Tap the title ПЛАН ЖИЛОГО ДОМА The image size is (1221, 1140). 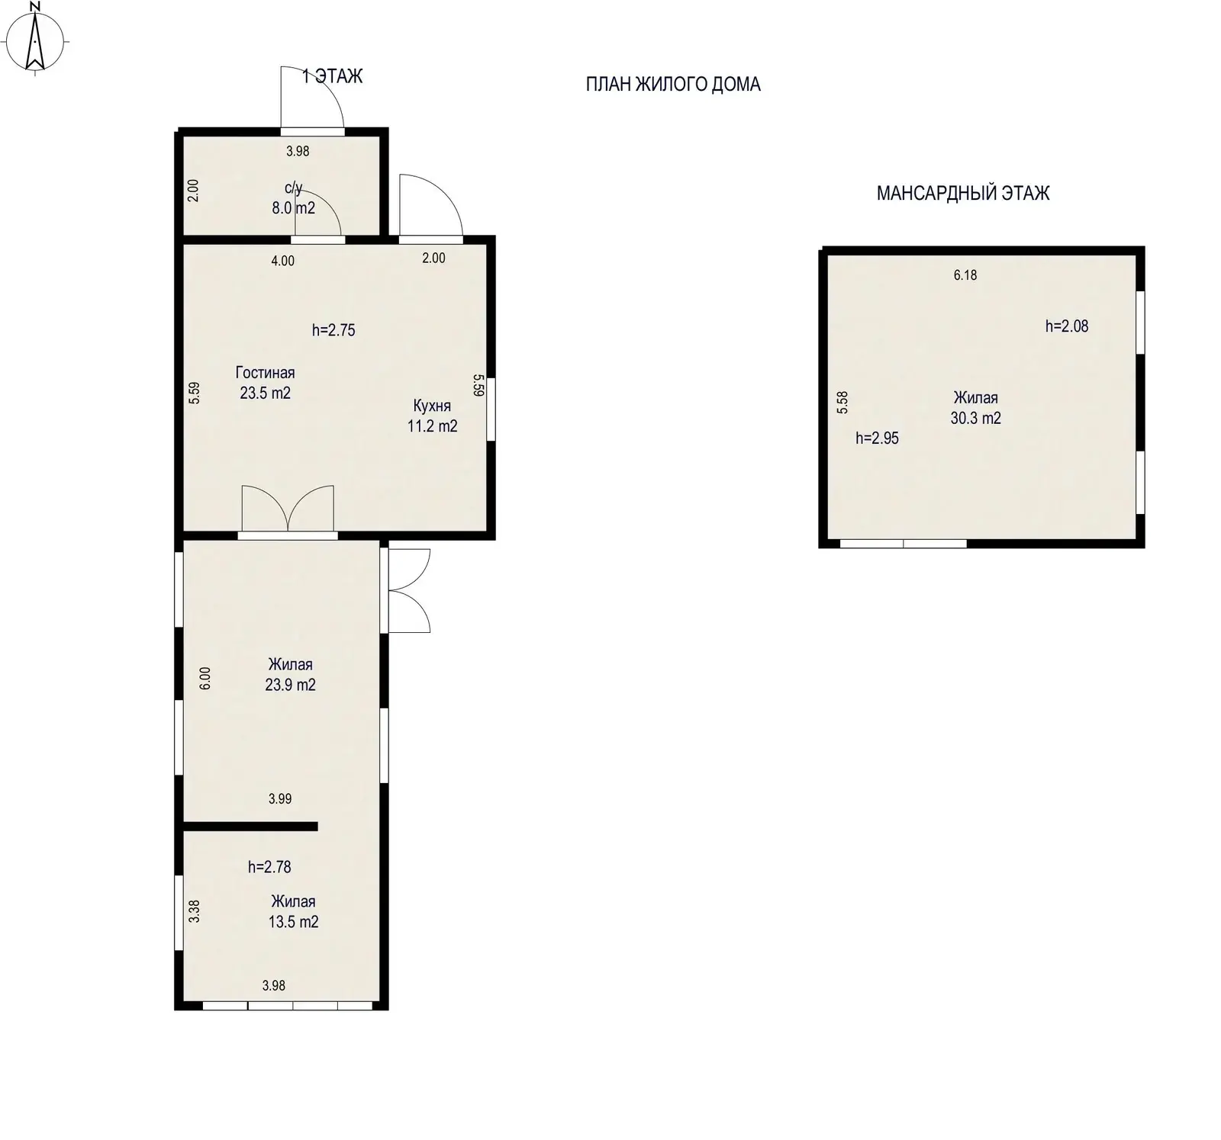(x=673, y=84)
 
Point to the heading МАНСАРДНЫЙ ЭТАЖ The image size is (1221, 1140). (x=963, y=193)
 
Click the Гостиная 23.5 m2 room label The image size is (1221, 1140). (x=265, y=383)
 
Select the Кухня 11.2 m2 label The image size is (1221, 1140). (x=432, y=416)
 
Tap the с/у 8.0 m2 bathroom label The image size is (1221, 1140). (x=294, y=197)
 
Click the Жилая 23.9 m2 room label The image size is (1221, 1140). (x=290, y=674)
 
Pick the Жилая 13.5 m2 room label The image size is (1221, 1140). (x=293, y=911)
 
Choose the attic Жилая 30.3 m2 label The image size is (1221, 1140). (x=975, y=408)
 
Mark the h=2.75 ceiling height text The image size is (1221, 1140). (x=333, y=330)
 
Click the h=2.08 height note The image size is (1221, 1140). (x=1067, y=326)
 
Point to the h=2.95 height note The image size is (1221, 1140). (x=877, y=438)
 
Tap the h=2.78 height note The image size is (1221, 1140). (x=269, y=867)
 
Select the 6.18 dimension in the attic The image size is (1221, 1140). (x=965, y=275)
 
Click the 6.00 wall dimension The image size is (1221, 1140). (x=205, y=679)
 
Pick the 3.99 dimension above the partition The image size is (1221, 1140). (x=280, y=799)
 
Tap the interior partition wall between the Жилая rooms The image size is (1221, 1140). (x=250, y=826)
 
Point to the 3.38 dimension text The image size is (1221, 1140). (x=194, y=912)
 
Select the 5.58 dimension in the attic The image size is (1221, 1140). (x=842, y=403)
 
